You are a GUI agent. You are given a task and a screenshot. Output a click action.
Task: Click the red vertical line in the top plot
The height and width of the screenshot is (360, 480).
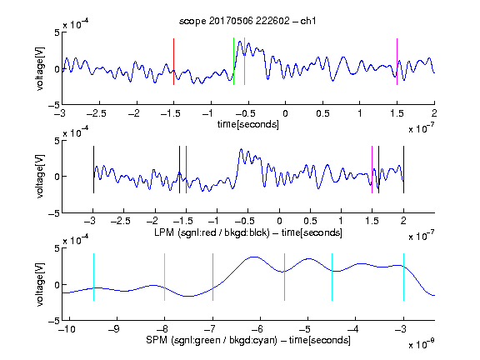[174, 62]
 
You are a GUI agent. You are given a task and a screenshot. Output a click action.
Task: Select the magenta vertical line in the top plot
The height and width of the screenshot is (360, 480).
[397, 62]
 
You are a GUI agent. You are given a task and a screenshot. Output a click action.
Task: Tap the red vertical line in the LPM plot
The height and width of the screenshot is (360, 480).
[186, 170]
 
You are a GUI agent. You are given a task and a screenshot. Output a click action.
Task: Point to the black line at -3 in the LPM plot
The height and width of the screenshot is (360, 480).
[93, 170]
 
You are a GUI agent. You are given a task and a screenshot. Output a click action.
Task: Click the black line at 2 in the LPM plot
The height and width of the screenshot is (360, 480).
[404, 170]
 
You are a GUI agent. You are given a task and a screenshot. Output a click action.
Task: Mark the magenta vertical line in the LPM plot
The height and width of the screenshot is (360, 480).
[372, 170]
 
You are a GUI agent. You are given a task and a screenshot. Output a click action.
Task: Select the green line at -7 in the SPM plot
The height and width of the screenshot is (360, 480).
[212, 277]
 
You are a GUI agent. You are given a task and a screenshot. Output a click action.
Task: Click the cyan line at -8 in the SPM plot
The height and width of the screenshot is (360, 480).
[165, 277]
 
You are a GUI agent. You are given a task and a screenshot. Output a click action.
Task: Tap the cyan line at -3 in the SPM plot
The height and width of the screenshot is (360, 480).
[404, 277]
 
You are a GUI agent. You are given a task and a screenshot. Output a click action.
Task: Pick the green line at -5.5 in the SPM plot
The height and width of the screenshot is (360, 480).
[284, 277]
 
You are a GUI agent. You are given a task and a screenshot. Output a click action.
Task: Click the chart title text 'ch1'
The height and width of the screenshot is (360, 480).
[308, 21]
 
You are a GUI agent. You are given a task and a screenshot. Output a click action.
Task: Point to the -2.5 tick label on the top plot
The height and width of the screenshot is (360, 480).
[97, 113]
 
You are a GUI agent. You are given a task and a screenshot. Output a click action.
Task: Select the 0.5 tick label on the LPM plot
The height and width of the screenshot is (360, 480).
[310, 221]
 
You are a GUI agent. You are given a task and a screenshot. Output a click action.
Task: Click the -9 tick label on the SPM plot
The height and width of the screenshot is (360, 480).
[114, 329]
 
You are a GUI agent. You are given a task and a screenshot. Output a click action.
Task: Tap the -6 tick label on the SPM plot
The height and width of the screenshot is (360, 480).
[257, 329]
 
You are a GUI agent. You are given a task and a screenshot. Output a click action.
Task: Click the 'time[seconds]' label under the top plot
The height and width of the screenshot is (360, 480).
[248, 124]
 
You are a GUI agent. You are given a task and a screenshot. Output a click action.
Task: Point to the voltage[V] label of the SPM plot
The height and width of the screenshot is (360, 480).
[40, 284]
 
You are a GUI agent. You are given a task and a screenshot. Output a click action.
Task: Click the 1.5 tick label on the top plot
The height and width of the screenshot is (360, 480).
[397, 113]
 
